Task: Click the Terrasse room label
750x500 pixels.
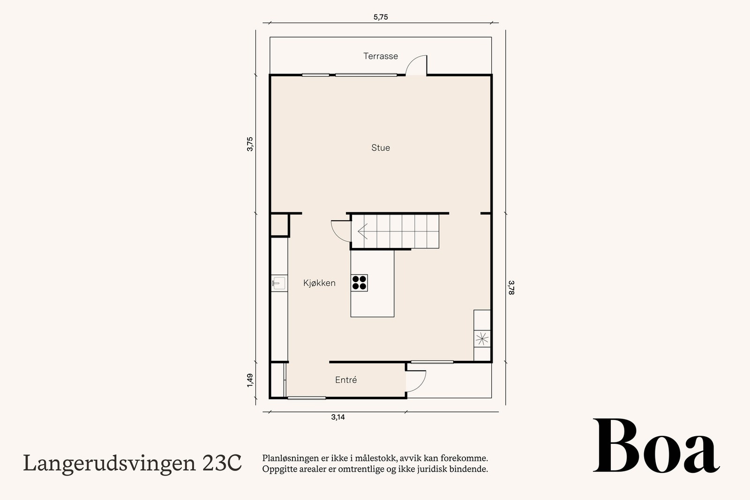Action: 380,56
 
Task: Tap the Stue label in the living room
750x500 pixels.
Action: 380,148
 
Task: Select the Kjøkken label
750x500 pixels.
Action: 319,283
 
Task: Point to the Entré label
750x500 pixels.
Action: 346,380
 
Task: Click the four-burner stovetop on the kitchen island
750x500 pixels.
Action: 360,283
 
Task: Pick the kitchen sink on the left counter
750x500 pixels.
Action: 278,283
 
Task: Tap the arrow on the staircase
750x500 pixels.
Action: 362,231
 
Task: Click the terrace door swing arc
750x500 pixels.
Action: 416,65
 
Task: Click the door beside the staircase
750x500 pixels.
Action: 340,230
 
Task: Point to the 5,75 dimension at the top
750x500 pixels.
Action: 381,17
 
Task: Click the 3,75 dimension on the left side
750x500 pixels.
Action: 250,143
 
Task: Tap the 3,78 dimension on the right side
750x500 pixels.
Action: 511,287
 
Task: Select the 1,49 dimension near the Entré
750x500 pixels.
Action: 250,380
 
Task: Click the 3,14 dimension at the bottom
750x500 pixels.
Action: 337,417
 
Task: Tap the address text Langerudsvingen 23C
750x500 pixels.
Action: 133,463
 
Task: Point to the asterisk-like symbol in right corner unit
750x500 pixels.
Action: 481,338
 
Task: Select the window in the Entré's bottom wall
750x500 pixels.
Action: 307,398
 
